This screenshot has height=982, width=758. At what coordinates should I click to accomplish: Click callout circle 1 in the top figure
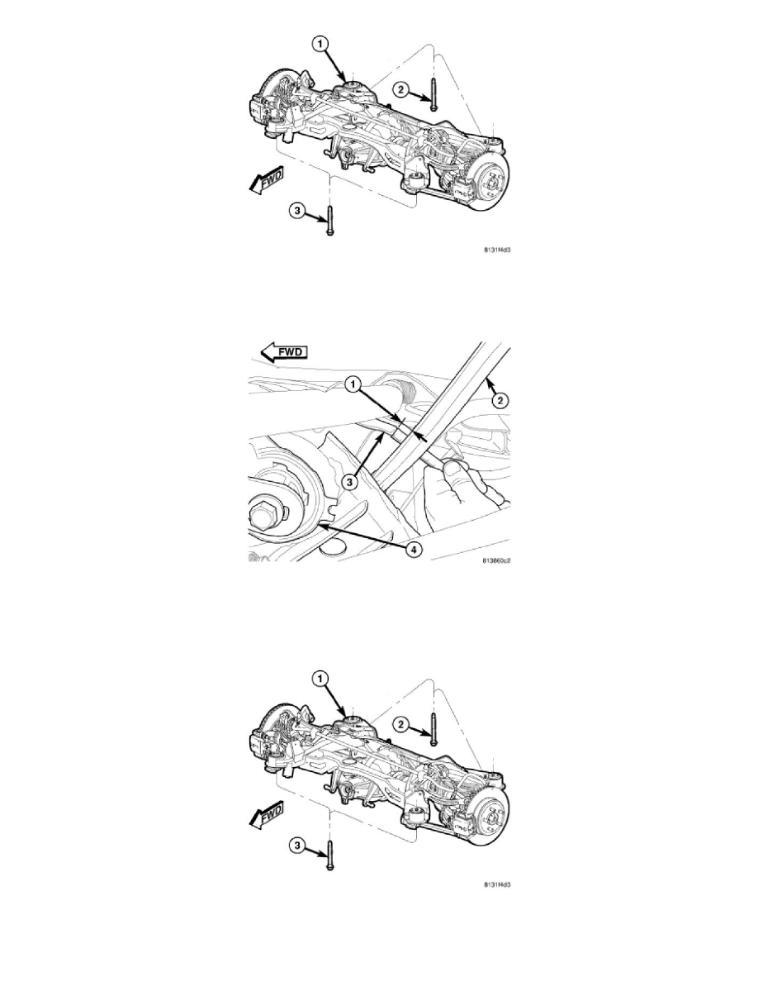pyautogui.click(x=320, y=44)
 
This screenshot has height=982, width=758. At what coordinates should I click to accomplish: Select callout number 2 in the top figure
pyautogui.click(x=400, y=90)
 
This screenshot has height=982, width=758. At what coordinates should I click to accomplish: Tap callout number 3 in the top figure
pyautogui.click(x=297, y=211)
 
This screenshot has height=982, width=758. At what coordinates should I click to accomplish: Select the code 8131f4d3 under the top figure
pyautogui.click(x=497, y=250)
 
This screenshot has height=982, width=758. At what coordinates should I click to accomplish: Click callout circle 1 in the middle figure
pyautogui.click(x=354, y=384)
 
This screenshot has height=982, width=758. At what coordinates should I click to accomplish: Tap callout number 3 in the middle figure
pyautogui.click(x=351, y=482)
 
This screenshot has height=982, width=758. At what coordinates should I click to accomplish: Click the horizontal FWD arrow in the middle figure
pyautogui.click(x=285, y=352)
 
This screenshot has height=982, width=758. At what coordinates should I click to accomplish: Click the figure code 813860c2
pyautogui.click(x=497, y=560)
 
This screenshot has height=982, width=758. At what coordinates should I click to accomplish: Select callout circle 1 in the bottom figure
pyautogui.click(x=320, y=679)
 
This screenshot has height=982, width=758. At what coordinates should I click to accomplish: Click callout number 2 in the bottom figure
pyautogui.click(x=400, y=725)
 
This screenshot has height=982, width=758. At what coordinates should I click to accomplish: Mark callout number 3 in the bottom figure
pyautogui.click(x=297, y=846)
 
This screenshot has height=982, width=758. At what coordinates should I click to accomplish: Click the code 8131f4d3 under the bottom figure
pyautogui.click(x=497, y=884)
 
